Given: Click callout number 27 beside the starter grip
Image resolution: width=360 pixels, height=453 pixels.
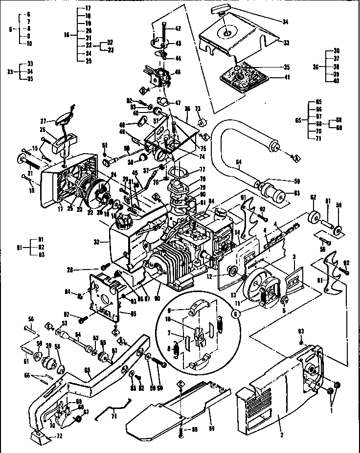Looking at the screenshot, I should point(43,121).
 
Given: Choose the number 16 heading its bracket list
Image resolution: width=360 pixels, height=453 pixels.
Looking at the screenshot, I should point(67,35).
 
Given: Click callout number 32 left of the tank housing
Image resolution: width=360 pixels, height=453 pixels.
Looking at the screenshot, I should point(97,241).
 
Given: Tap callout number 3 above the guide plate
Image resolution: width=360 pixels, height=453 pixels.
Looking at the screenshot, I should point(294,256).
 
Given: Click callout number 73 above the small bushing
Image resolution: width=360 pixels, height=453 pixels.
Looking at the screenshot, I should point(198,108).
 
